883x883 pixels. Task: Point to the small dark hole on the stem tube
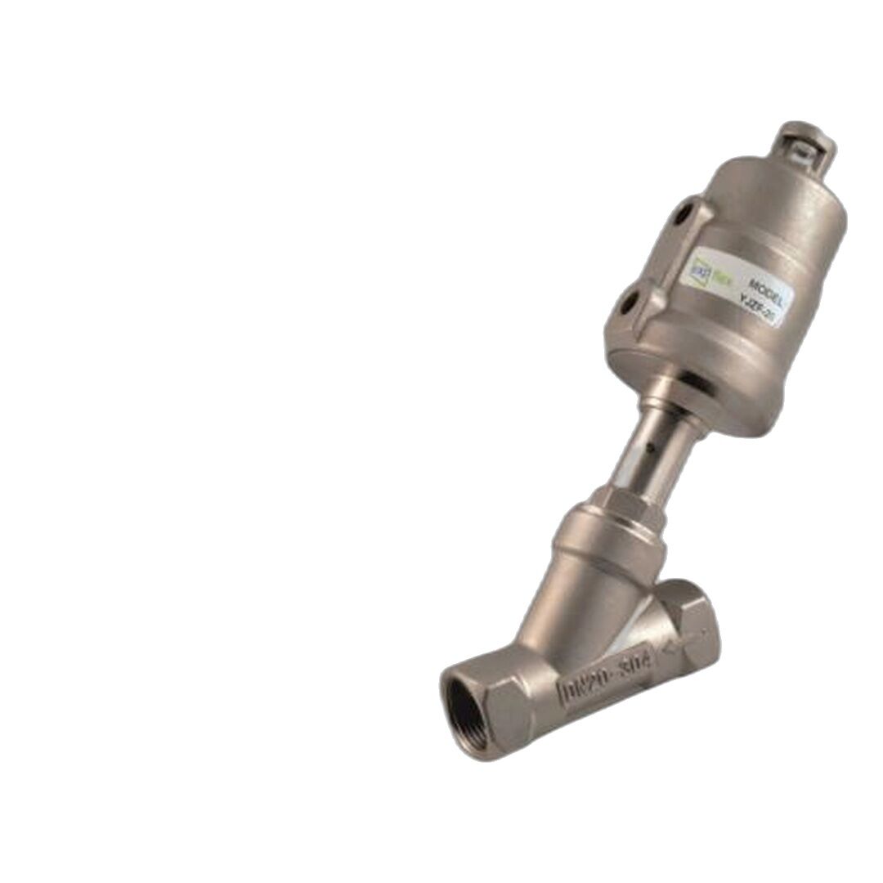[x=649, y=449]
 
